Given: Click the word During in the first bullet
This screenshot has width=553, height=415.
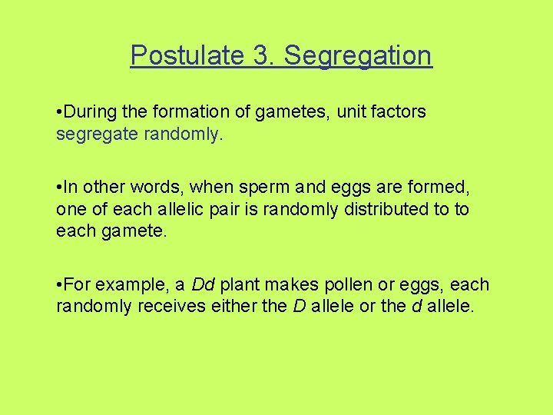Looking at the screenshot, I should (88, 112).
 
